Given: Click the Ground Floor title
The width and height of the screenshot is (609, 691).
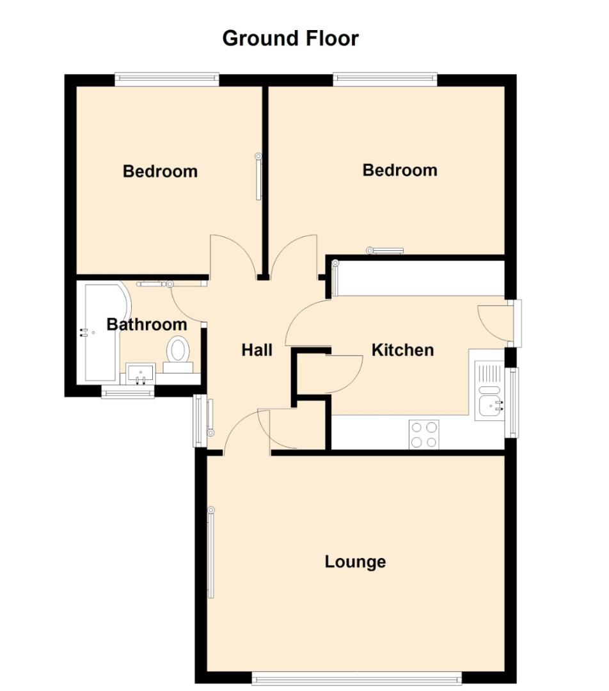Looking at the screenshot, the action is point(290,39).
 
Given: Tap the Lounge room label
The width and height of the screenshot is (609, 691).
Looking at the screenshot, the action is point(355,562).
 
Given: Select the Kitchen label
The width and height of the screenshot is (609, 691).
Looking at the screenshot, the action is point(402,351).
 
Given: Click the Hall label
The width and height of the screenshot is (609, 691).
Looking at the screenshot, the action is point(257,351).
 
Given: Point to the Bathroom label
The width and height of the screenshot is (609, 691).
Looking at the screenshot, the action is point(146,325).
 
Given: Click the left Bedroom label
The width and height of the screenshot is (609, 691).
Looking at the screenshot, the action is point(160,171).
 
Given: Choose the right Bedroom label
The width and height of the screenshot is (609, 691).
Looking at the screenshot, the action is point(400,170).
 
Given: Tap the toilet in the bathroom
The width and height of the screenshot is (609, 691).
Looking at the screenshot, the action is point(178,354).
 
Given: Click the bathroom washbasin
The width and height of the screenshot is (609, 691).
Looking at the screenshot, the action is point(141,374).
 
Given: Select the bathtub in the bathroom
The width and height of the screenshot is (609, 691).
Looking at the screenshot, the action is point(104,333).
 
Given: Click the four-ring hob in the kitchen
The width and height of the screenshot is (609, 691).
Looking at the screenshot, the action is point(424,434).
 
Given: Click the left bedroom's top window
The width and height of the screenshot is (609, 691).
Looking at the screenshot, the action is point(167,79).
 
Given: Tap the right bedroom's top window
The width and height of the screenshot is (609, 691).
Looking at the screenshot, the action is point(385,79).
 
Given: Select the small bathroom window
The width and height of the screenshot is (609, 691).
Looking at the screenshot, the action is point(128,392).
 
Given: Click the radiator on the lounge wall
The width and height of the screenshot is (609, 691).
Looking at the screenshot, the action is point(210,553).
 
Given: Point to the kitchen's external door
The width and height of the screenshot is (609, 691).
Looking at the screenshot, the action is point(514,324).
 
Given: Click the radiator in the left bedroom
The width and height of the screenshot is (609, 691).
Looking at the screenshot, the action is point(258,177).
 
